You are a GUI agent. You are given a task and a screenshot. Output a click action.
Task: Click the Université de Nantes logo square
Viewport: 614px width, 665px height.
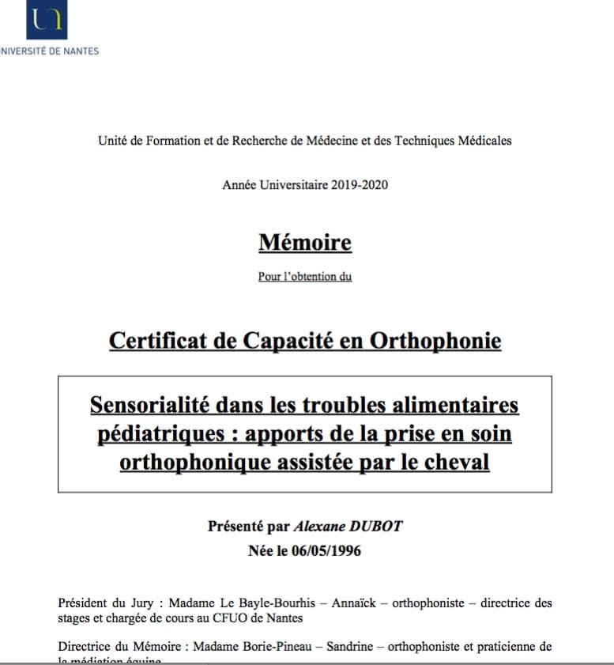click(47, 19)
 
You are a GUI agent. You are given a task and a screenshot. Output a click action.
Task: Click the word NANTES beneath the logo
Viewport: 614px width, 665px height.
click(80, 51)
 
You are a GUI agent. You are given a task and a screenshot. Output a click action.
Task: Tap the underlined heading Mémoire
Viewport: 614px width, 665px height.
click(305, 243)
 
